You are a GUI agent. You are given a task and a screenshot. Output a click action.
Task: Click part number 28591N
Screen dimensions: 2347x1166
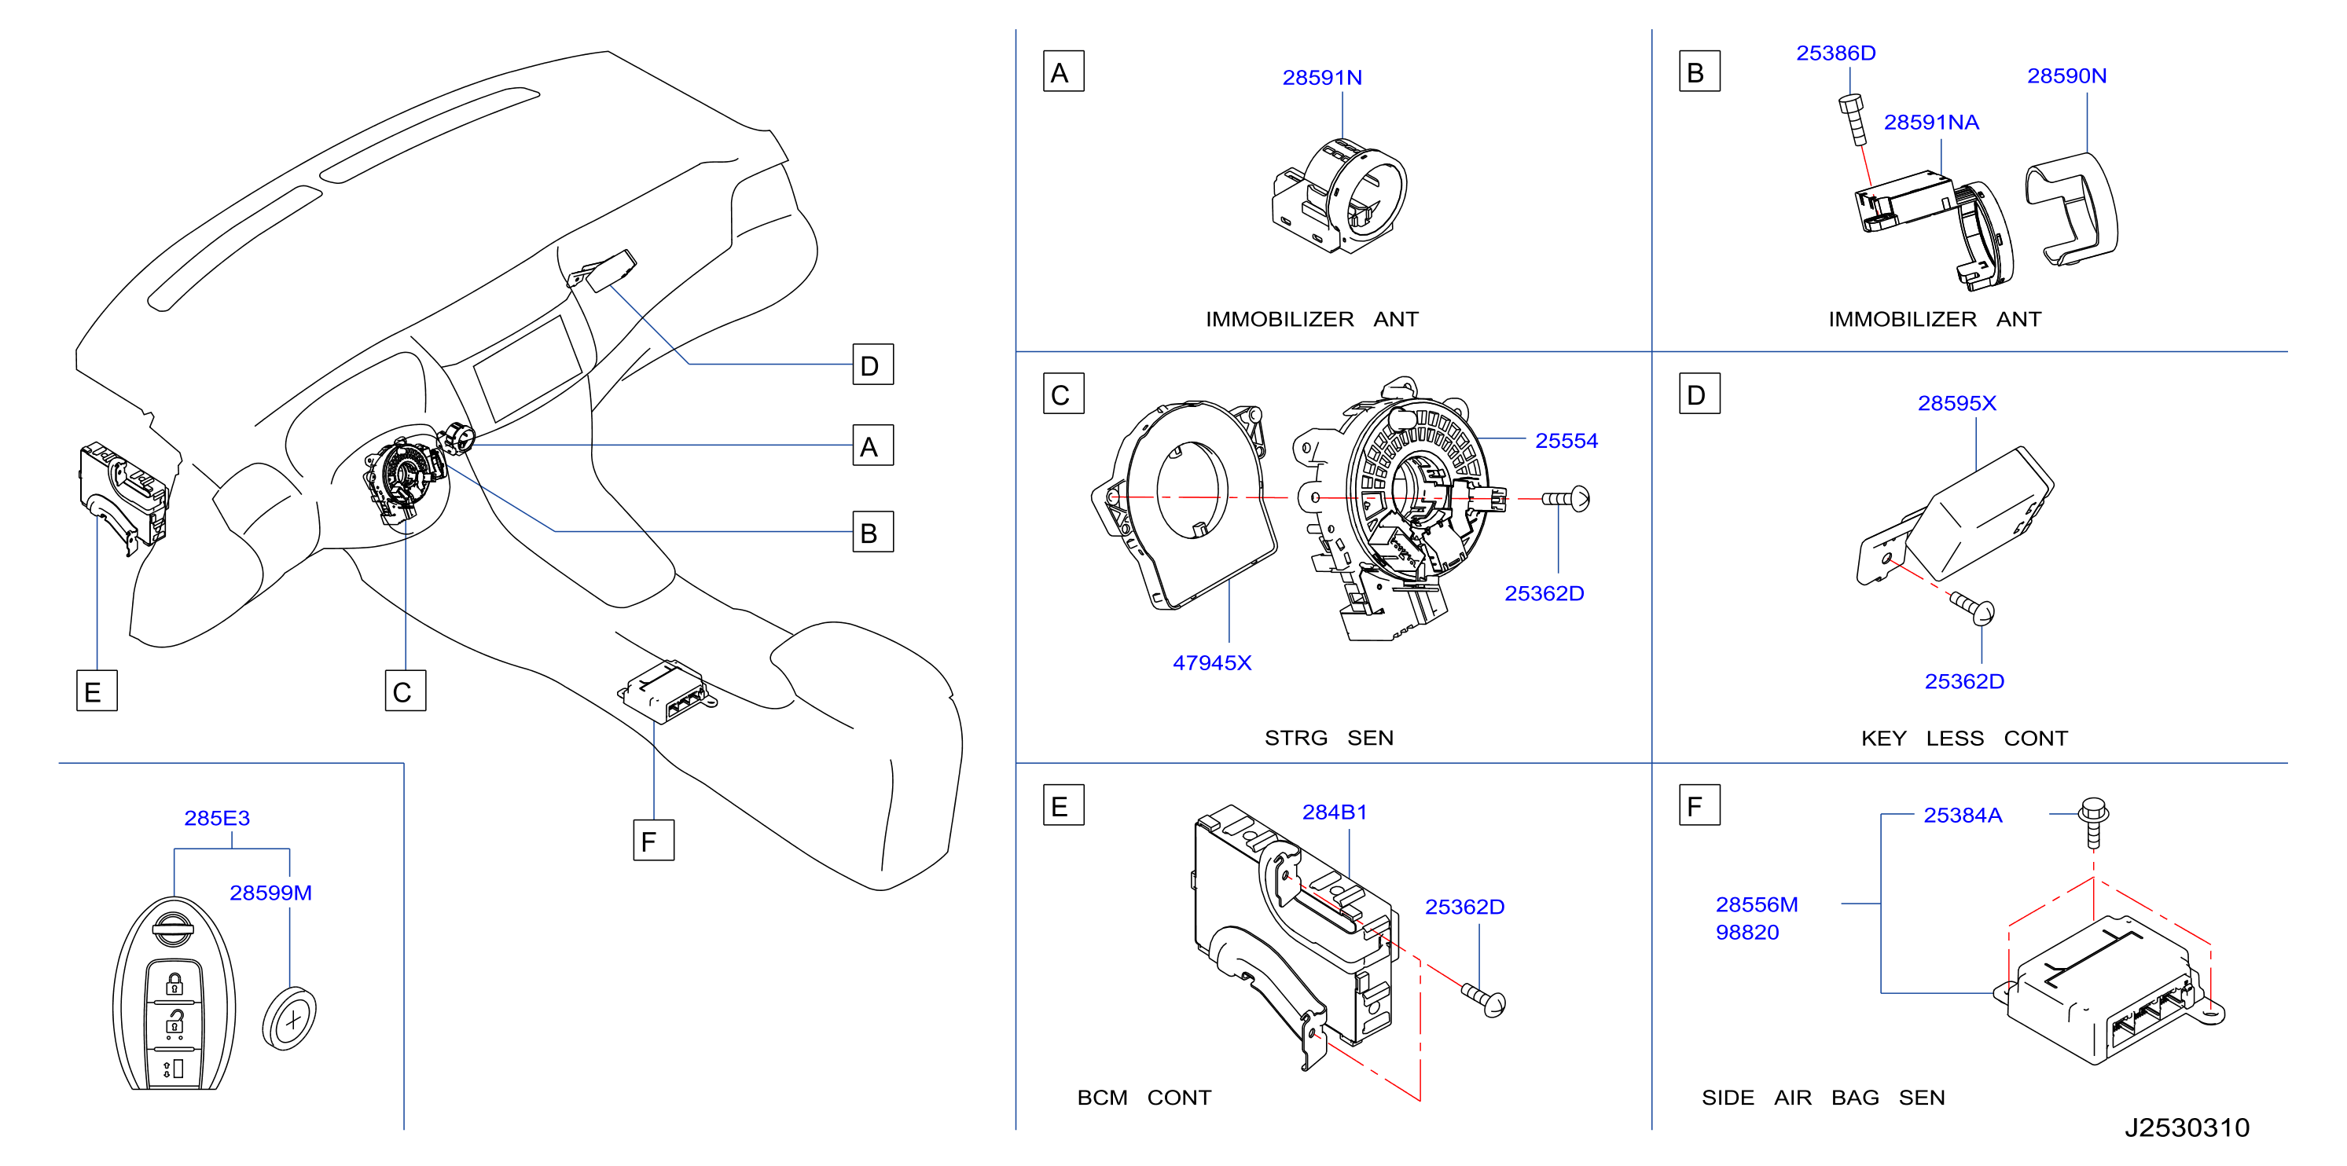point(1322,78)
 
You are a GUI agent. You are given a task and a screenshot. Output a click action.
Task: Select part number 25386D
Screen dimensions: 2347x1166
point(1836,53)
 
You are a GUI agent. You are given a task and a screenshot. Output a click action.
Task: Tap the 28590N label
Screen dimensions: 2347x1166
point(2066,75)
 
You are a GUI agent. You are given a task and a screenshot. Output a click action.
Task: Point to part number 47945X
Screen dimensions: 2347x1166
point(1212,662)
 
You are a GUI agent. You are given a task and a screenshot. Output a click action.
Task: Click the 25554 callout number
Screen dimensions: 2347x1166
point(1567,440)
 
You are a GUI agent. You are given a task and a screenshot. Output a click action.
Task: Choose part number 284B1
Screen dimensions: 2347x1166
point(1334,812)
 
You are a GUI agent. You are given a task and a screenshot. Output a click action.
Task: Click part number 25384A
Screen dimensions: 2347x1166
point(1963,816)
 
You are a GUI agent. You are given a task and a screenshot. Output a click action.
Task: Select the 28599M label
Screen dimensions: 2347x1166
point(270,893)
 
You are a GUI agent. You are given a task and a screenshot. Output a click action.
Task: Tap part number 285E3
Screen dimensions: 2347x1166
point(217,818)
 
